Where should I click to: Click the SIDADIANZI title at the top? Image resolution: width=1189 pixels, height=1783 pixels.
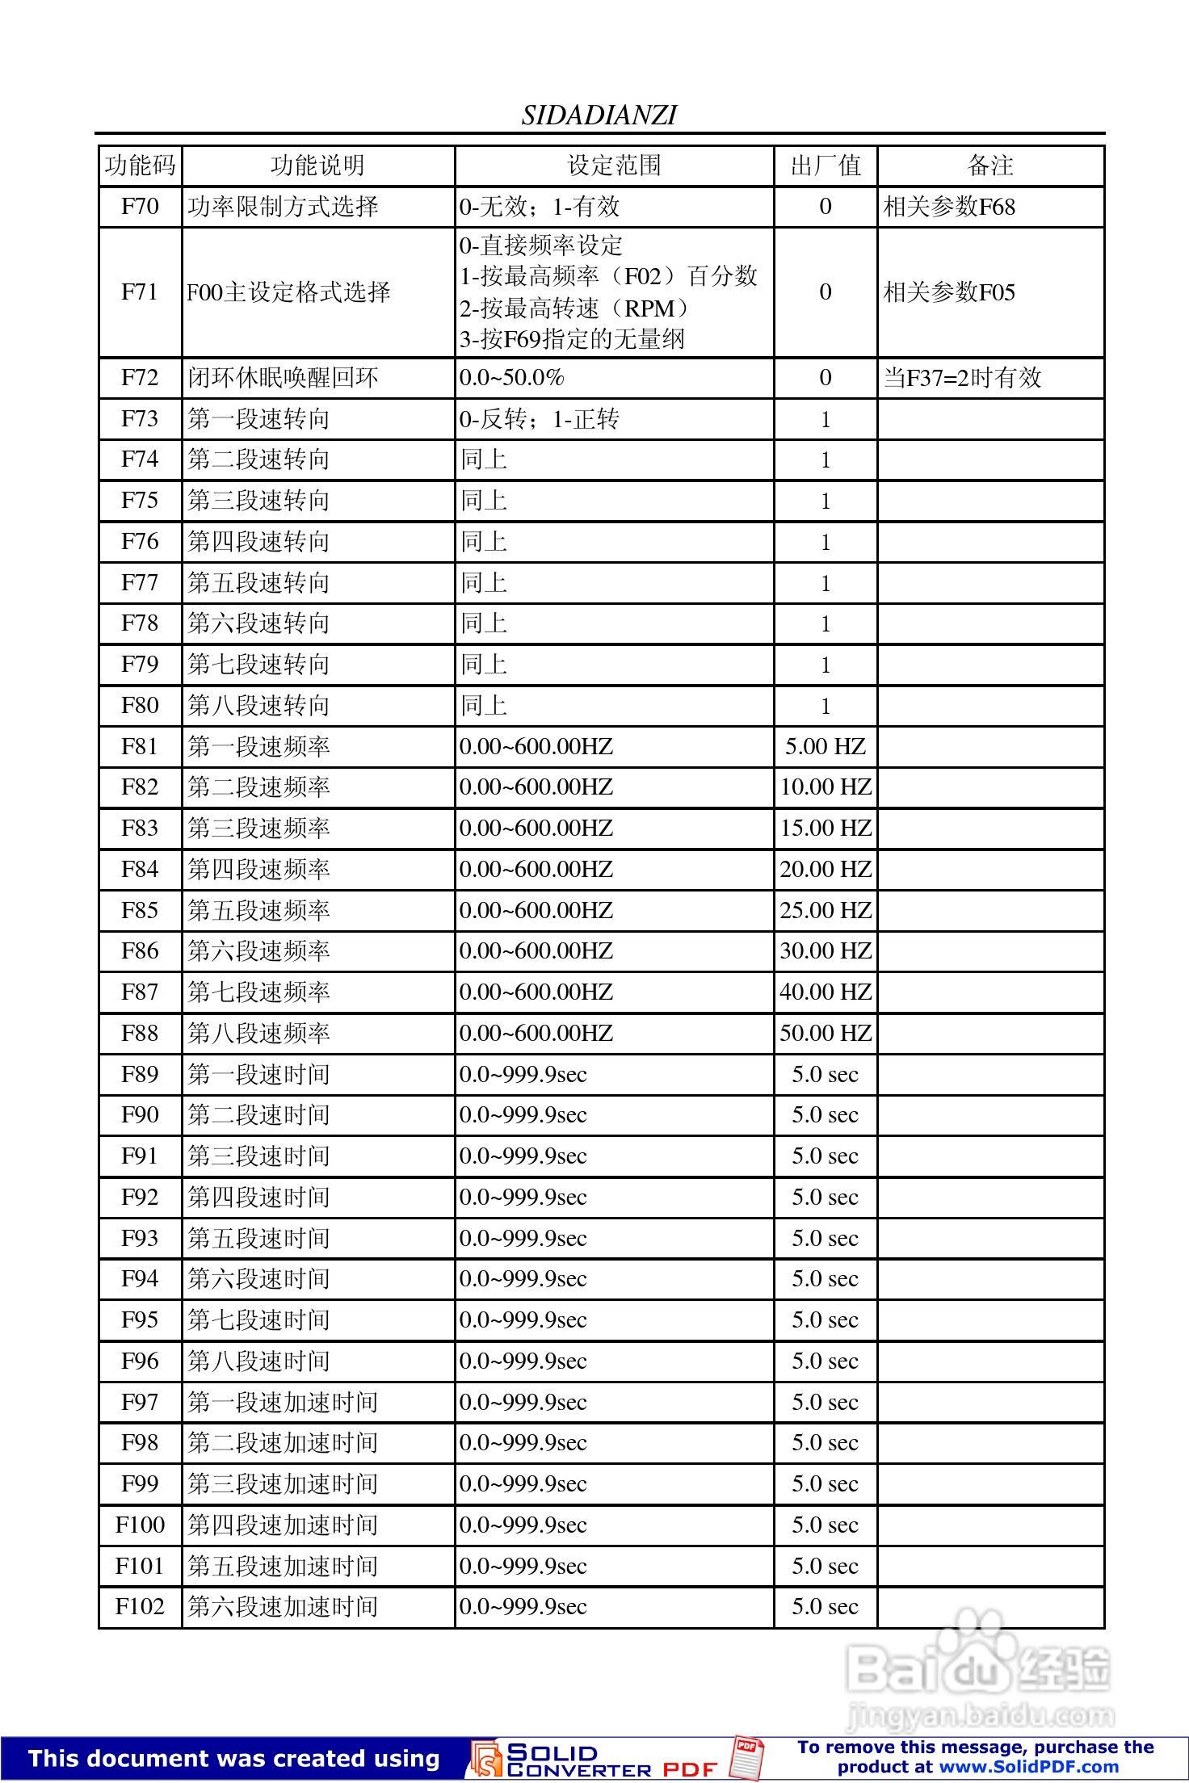click(599, 115)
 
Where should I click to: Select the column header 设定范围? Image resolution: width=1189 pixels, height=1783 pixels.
click(614, 166)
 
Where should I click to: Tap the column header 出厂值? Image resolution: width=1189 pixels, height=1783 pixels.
click(826, 166)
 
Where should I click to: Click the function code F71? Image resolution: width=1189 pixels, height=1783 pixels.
click(140, 292)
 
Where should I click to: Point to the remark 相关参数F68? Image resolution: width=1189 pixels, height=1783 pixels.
click(949, 207)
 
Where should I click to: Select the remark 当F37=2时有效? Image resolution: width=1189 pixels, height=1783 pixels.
click(962, 377)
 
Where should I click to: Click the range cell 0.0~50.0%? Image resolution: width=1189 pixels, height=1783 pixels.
click(512, 377)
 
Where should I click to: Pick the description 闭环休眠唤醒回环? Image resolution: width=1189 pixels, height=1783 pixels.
click(283, 377)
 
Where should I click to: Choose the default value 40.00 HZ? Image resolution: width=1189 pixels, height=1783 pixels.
click(826, 992)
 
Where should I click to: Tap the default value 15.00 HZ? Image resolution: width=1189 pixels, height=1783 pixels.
click(826, 828)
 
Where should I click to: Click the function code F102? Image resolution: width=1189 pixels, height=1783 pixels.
click(140, 1606)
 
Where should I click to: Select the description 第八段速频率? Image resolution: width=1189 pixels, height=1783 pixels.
click(258, 1033)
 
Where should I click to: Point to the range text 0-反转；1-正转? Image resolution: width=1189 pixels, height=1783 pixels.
click(539, 419)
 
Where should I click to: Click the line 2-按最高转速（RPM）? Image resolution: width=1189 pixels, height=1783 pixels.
click(573, 308)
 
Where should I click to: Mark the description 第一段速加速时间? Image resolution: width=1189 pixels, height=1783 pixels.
click(283, 1402)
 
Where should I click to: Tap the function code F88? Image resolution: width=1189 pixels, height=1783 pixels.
click(140, 1033)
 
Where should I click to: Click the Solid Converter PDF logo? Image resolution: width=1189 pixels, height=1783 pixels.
click(598, 1759)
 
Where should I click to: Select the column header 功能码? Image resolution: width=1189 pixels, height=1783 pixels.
click(140, 166)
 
